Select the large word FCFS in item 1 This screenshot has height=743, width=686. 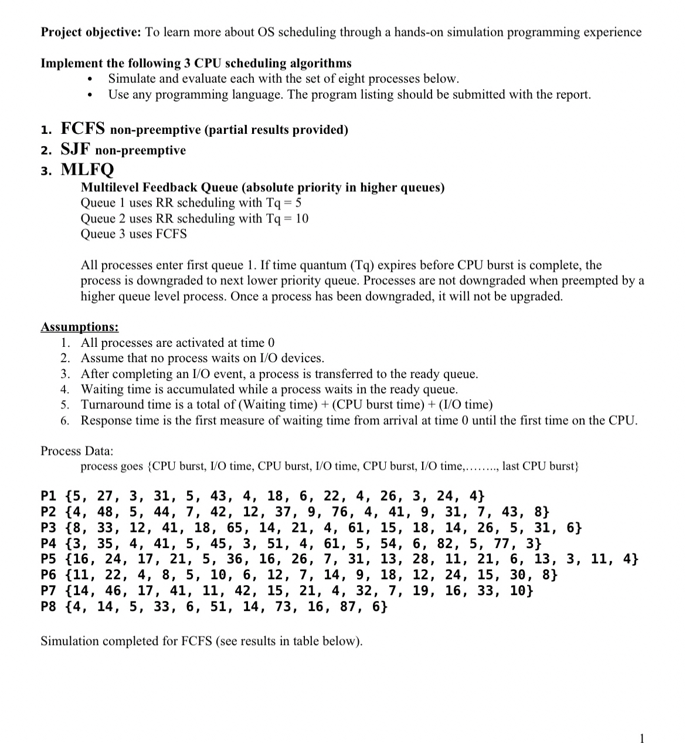coord(83,128)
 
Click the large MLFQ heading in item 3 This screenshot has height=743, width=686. coord(87,170)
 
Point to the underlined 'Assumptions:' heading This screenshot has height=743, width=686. coord(79,327)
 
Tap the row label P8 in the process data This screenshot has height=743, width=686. coord(49,606)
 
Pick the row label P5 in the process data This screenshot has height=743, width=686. coord(49,559)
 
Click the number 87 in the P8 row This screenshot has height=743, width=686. coord(348,606)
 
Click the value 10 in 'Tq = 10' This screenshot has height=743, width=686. coord(302,218)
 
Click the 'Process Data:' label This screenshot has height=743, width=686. coord(77,451)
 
